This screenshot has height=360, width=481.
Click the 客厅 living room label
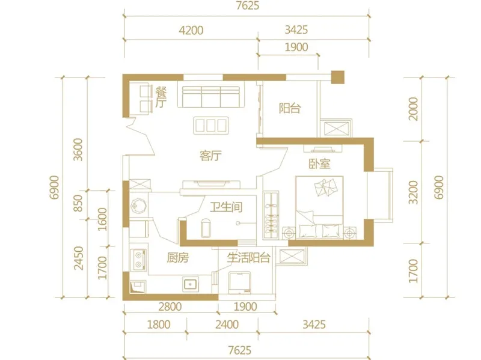210,156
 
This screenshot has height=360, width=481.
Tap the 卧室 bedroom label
319,163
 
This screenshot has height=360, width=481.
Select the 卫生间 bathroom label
226,207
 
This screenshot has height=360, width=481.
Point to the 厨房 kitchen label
177,258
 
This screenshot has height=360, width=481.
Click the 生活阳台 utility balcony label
248,258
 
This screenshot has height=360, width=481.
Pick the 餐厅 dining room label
161,97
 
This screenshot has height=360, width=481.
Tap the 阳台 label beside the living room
290,108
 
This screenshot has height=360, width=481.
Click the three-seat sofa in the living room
211,97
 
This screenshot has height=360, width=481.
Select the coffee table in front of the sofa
211,125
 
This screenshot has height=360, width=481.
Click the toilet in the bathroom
206,228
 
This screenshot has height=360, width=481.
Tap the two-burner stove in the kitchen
138,260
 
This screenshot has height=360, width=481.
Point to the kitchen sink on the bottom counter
191,284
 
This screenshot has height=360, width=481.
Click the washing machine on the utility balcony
240,282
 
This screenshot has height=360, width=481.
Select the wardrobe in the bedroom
271,215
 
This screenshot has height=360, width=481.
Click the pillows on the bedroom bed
325,187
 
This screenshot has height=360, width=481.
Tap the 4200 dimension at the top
191,31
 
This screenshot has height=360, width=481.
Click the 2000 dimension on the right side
413,109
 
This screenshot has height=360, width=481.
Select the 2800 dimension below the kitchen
170,307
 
